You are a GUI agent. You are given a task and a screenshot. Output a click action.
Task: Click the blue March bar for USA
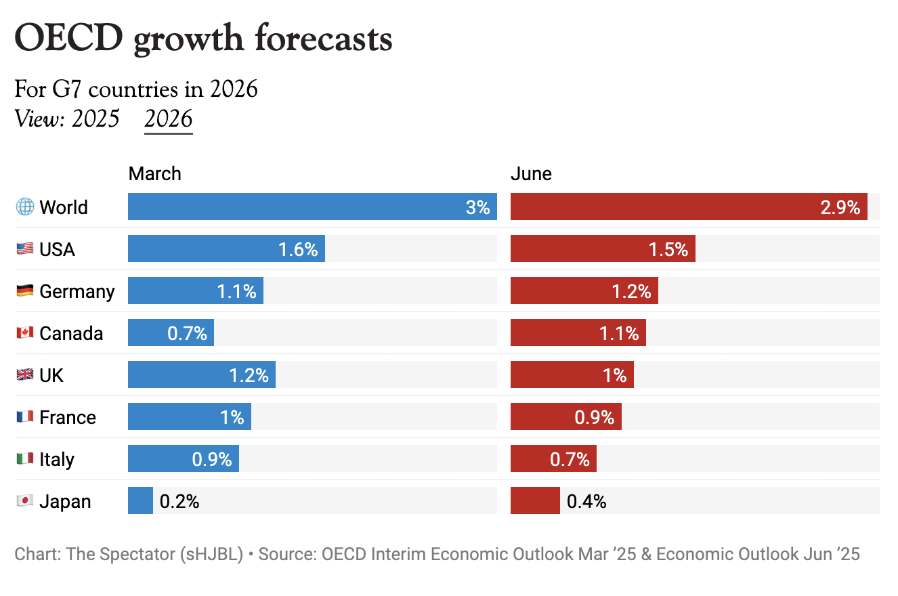(226, 249)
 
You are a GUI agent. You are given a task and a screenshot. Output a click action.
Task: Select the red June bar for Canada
(578, 333)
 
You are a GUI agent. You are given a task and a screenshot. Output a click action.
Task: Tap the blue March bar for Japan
(140, 501)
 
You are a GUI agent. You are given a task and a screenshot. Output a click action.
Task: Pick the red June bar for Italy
(553, 459)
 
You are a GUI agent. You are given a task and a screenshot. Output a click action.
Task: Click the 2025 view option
(95, 119)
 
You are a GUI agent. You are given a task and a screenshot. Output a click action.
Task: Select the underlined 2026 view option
(169, 119)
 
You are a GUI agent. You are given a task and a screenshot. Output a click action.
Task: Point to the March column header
(155, 174)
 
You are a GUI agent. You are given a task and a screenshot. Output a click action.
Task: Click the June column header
(531, 174)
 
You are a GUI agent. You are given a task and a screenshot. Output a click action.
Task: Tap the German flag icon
(25, 291)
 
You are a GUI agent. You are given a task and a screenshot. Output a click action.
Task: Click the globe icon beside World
(25, 207)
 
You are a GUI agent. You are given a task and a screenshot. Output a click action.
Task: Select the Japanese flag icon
(25, 501)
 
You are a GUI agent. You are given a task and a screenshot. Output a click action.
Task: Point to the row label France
(68, 417)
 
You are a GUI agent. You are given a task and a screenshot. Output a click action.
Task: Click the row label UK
(51, 375)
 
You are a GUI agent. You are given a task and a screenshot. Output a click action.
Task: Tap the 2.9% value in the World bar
(840, 207)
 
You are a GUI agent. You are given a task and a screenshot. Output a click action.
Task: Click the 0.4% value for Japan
(586, 502)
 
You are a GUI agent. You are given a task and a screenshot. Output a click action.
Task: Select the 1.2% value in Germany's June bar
(631, 292)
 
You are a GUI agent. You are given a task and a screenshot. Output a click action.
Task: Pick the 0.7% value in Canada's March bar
(187, 334)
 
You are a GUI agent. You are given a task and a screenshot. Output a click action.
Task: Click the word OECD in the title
(68, 39)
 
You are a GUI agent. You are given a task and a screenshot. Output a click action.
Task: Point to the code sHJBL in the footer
(211, 554)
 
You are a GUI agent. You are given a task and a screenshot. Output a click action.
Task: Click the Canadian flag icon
(25, 333)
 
